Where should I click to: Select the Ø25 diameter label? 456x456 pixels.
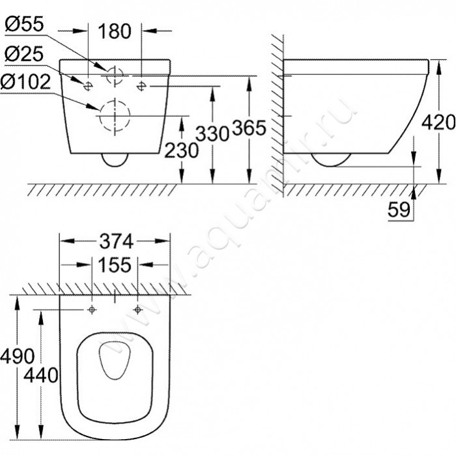tap(25, 52)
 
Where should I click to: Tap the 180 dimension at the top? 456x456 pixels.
tap(115, 30)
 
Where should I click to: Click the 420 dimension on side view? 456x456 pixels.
tap(437, 121)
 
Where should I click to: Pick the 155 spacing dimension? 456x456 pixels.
tap(115, 265)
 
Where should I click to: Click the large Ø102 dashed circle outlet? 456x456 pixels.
tap(114, 116)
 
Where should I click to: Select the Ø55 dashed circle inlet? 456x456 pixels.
tap(114, 75)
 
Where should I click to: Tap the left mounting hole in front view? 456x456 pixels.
tap(88, 83)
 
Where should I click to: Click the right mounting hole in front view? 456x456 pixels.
tap(141, 83)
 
